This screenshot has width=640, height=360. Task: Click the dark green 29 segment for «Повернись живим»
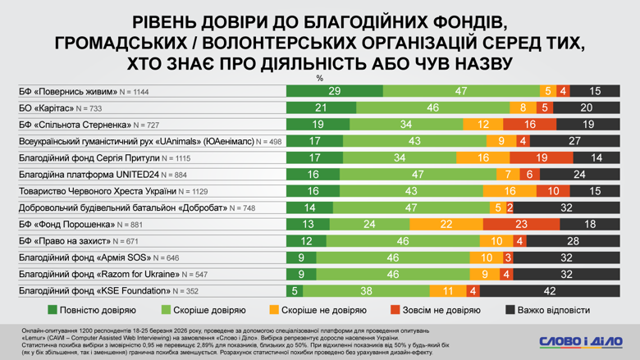pyautogui.click(x=334, y=91)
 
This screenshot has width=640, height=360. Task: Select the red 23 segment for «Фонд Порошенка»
pyautogui.click(x=522, y=225)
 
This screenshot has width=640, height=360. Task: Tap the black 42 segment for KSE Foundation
pyautogui.click(x=550, y=291)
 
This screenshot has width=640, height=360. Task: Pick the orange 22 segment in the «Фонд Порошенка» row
pyautogui.click(x=446, y=225)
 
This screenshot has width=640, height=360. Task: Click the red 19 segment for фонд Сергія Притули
pyautogui.click(x=542, y=157)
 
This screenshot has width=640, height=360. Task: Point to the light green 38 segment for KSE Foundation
pyautogui.click(x=366, y=291)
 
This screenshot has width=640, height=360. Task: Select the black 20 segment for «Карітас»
pyautogui.click(x=586, y=108)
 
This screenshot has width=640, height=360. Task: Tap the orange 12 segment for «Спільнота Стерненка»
pyautogui.click(x=483, y=125)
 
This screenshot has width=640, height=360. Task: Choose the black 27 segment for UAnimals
pyautogui.click(x=574, y=141)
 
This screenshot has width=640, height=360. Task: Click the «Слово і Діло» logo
pyautogui.click(x=581, y=340)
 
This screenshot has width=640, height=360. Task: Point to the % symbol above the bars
pyautogui.click(x=320, y=79)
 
